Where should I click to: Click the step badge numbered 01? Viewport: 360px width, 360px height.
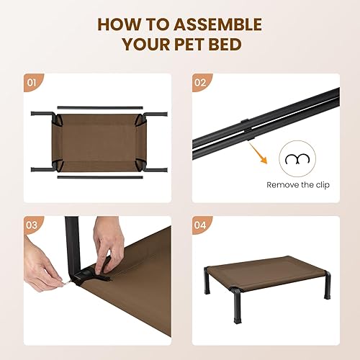(x=31, y=82)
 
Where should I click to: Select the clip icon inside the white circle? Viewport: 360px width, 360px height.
(x=294, y=159)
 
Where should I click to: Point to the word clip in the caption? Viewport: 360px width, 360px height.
(x=322, y=184)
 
